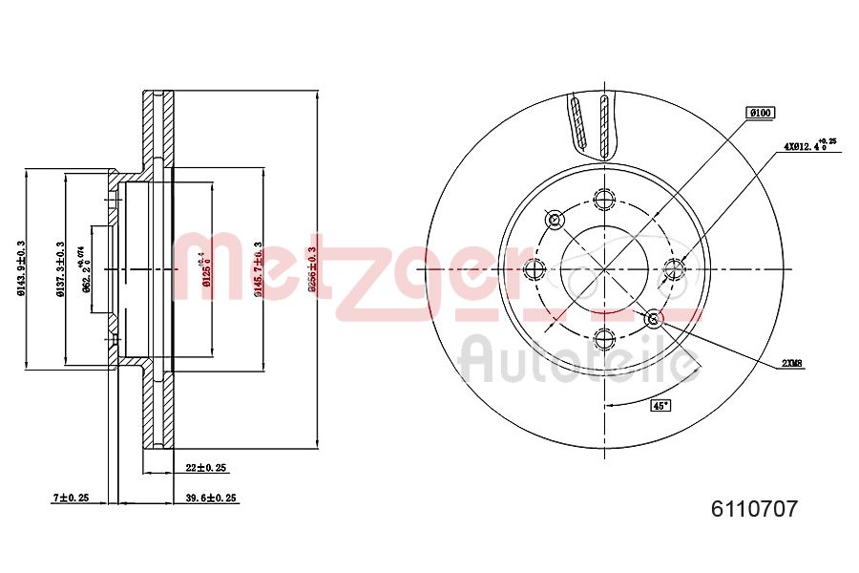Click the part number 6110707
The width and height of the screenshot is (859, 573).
coord(753,509)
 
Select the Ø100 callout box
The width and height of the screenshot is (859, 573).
coord(761,113)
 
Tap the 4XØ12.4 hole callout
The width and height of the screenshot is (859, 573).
coord(808,146)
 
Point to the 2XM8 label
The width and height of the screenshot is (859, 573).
coord(792,363)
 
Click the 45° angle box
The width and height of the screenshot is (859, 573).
coord(660,405)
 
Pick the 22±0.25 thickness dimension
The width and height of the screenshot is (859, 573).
coord(206,468)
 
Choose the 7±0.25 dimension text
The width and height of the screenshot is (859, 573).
coord(70,498)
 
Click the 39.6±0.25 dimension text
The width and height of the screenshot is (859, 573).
coord(210,498)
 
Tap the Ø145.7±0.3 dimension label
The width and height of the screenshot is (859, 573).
coord(259,269)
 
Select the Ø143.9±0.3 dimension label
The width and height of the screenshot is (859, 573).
coord(21,268)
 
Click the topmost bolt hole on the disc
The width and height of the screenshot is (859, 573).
coord(602,199)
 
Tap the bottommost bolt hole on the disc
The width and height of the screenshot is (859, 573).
coord(602,337)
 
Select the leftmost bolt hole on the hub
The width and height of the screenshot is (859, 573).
coord(534,267)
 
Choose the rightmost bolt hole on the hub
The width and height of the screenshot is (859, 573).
coord(674,267)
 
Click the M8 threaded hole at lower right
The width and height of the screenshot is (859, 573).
coord(653,318)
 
